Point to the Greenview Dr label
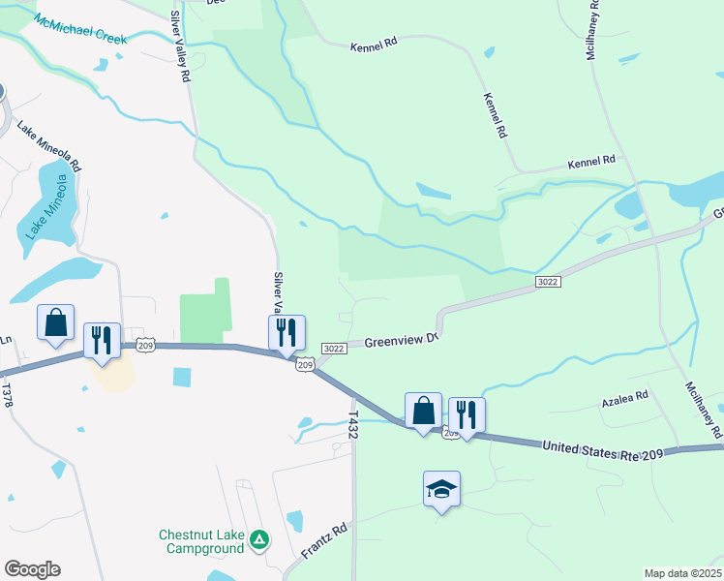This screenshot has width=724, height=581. (x=402, y=340)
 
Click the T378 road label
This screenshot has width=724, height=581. (x=7, y=393)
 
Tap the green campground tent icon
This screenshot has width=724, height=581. (x=258, y=538)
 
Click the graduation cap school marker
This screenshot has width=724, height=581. (x=441, y=489)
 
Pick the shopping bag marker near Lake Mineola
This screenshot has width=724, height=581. (x=55, y=322)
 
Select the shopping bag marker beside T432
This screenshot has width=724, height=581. (x=423, y=410)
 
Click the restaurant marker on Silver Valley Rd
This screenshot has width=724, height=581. (x=287, y=332)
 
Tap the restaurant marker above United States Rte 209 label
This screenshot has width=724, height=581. (x=467, y=414)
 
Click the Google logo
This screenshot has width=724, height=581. (x=32, y=569)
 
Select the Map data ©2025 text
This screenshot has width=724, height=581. (x=682, y=573)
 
